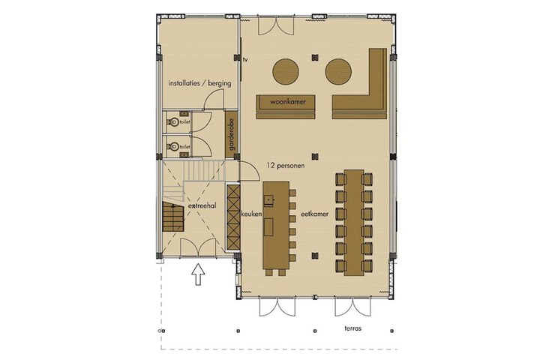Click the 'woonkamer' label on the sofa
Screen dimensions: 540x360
[x=288, y=102]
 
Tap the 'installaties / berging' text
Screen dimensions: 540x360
[x=199, y=83]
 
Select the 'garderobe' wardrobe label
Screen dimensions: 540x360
[x=232, y=134]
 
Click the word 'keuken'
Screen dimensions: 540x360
[x=252, y=214]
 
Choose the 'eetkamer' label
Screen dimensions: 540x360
[x=314, y=214]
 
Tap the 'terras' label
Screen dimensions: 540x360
[x=353, y=328]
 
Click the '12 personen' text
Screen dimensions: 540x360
[x=286, y=165]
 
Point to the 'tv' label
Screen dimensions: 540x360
[x=245, y=59]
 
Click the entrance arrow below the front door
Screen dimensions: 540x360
[x=198, y=274]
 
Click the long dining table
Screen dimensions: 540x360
[x=354, y=223]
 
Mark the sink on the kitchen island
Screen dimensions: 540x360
[x=268, y=199]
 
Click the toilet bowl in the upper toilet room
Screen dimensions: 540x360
[x=173, y=122]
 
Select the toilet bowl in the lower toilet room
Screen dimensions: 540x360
[x=173, y=147]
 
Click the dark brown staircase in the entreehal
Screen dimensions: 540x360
[x=173, y=216]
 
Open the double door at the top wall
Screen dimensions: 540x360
[x=276, y=25]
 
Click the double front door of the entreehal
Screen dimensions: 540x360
[x=198, y=247]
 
